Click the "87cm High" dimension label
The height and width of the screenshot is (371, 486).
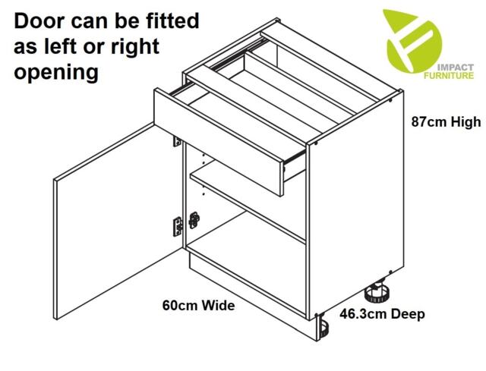(x=446, y=121)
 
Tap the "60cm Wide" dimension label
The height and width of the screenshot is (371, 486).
(x=199, y=305)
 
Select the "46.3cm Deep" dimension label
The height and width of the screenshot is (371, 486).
(x=382, y=314)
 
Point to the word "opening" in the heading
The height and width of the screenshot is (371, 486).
(x=56, y=73)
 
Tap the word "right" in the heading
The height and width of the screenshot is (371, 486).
(x=135, y=47)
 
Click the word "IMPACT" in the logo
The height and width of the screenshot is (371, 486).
(x=456, y=68)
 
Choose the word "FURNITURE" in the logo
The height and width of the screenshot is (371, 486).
(x=449, y=76)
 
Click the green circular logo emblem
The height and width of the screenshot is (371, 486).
(x=412, y=42)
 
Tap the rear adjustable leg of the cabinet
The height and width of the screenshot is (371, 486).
(x=377, y=291)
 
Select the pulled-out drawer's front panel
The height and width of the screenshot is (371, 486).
(x=219, y=142)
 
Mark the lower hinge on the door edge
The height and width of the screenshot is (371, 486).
(x=178, y=226)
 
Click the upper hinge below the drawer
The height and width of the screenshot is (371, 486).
(x=177, y=142)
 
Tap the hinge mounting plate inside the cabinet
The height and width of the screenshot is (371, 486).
(x=194, y=220)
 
